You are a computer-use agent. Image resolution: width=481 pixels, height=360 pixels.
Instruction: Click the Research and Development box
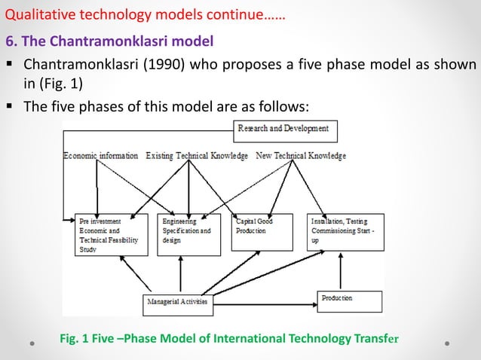pyautogui.click(x=286, y=130)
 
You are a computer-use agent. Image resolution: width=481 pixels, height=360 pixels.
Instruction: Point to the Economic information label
pyautogui.click(x=101, y=156)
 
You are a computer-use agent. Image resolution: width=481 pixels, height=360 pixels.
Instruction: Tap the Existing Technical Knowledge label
pyautogui.click(x=197, y=156)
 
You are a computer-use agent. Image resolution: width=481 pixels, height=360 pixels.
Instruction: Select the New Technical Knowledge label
pyautogui.click(x=301, y=156)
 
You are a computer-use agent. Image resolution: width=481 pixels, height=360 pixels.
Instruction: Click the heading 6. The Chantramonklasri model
pyautogui.click(x=109, y=39)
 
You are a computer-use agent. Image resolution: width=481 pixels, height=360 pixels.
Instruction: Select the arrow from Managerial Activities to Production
pyautogui.click(x=264, y=305)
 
